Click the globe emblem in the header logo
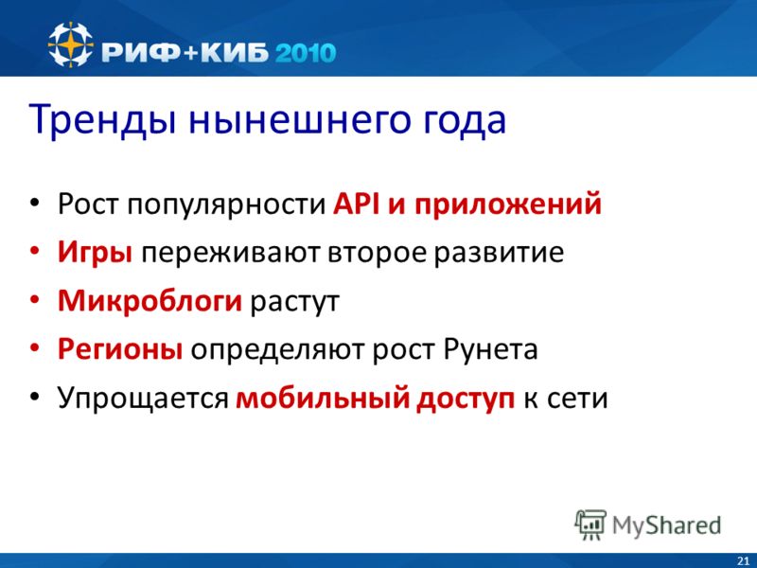tap(70, 44)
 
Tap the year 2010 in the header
tap(306, 52)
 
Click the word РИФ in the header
tap(141, 52)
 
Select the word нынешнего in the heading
tap(299, 120)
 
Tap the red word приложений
tap(508, 204)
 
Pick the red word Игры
tap(95, 253)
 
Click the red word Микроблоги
tap(150, 300)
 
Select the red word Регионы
tap(120, 349)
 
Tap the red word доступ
tap(466, 399)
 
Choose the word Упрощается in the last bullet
tap(143, 399)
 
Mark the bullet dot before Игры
tap(34, 251)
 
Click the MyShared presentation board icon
tap(590, 524)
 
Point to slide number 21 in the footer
tap(743, 561)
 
